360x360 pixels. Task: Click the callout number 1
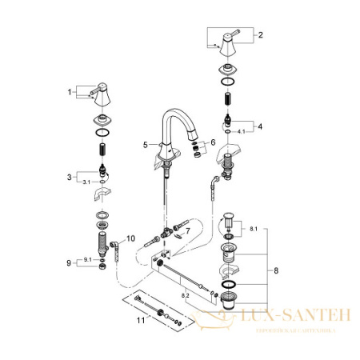pos(69,92)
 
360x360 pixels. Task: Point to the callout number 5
pos(146,145)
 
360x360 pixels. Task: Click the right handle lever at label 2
pos(227,39)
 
